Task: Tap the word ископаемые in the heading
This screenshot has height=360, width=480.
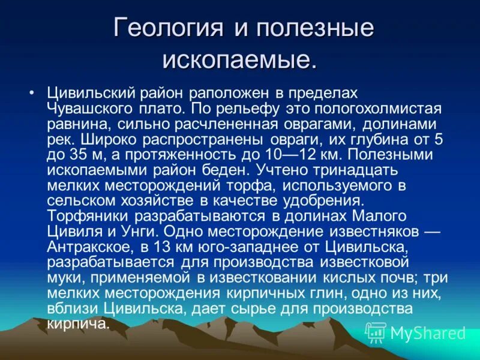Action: coord(239,59)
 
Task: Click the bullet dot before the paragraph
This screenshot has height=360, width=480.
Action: coord(32,94)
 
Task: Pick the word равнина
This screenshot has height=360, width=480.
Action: coord(76,124)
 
